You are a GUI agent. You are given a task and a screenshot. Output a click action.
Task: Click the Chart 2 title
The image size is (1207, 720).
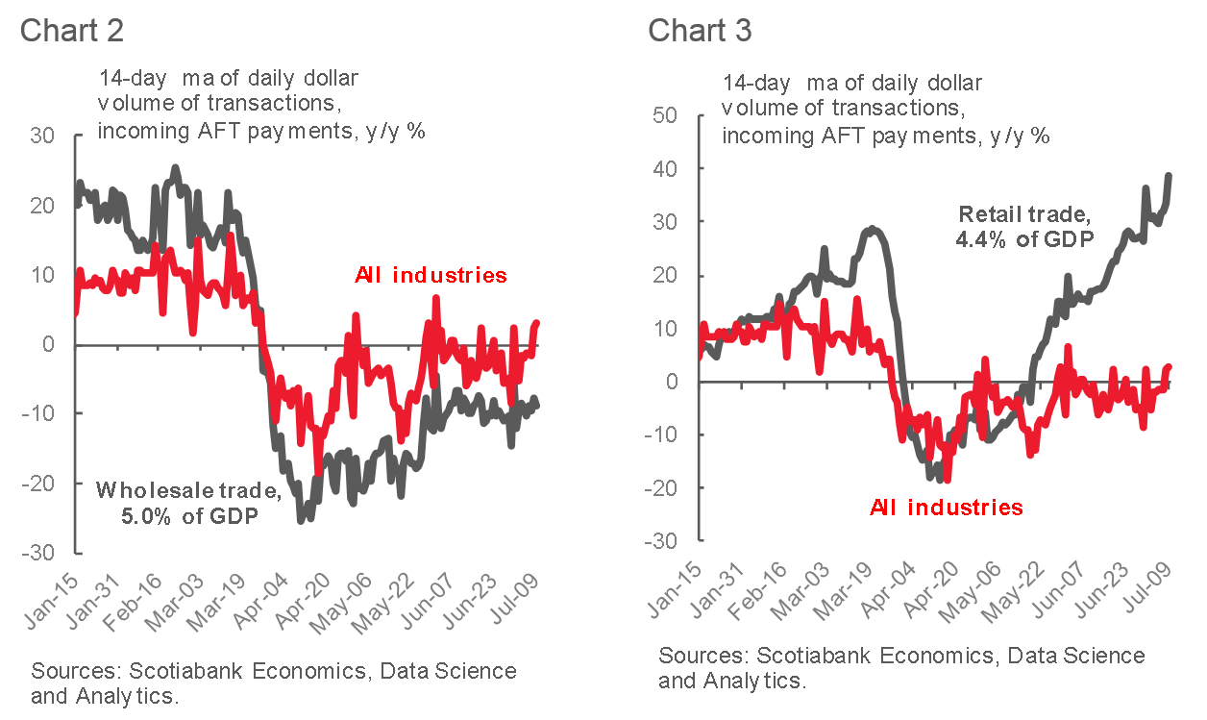pos(71,29)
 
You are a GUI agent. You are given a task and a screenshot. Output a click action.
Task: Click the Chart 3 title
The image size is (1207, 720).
pos(700,29)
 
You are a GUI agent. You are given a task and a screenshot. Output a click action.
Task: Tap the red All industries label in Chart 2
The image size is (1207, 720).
pos(431,276)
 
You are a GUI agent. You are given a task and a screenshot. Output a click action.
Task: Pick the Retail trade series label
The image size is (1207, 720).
pos(1025,226)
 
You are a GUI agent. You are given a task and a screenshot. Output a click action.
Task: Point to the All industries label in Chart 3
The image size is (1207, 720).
pos(946,507)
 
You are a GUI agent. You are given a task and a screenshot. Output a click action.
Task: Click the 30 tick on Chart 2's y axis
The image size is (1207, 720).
pos(43,137)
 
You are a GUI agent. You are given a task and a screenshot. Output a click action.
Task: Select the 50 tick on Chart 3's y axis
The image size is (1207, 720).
pos(664,115)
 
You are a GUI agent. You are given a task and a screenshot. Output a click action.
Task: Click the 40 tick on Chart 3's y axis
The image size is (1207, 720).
pos(664,169)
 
